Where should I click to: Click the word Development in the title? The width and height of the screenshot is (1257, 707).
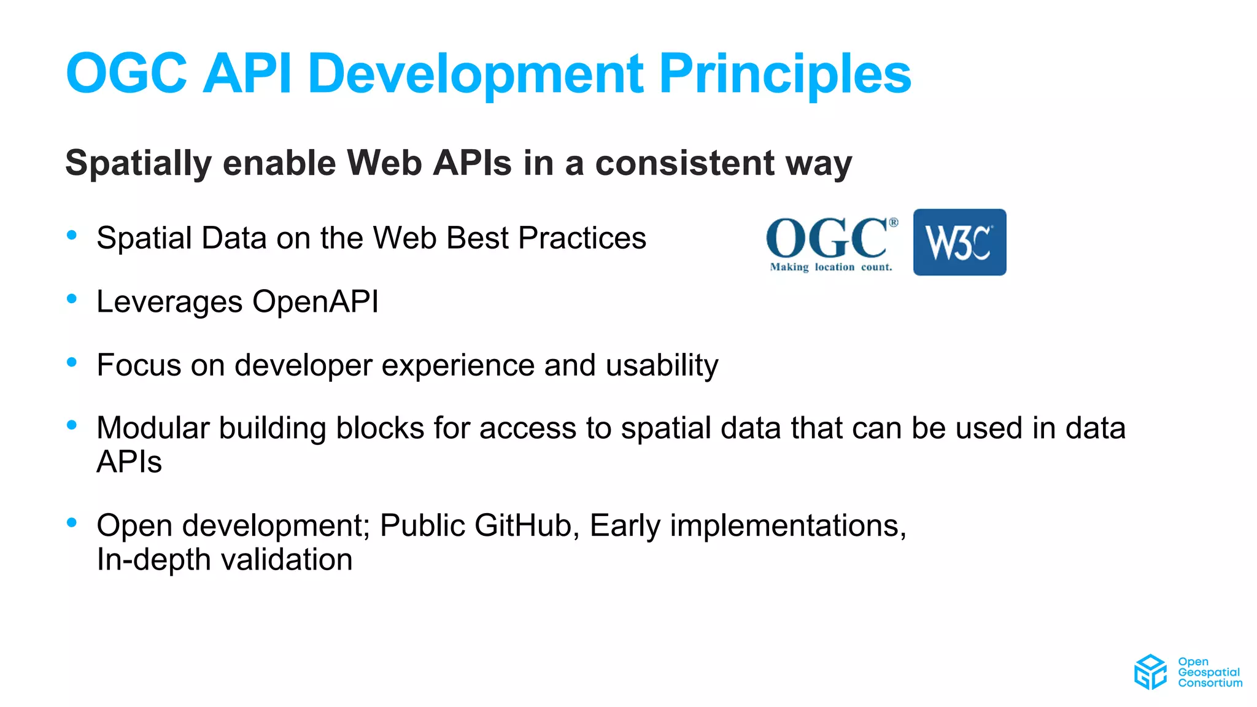point(476,75)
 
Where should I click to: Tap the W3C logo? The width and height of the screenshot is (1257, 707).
point(959,242)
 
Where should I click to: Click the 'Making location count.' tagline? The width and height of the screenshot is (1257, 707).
point(831,267)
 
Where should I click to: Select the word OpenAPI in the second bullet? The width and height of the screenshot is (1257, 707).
point(315,302)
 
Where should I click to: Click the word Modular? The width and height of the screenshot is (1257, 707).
point(153,428)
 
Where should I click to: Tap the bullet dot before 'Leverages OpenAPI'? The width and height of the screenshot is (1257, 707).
point(72,299)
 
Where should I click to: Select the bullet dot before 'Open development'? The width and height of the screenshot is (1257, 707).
point(72,522)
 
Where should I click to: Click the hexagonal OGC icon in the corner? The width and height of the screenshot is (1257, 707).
point(1150,672)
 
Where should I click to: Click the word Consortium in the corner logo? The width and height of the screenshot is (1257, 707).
point(1210,683)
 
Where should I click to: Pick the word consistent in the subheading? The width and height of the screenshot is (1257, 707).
point(685,163)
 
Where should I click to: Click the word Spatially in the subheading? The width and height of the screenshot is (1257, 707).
point(139,163)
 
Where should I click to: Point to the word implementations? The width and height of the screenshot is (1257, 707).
point(787,526)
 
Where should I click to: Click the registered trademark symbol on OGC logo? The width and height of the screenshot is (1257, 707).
point(894,222)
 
